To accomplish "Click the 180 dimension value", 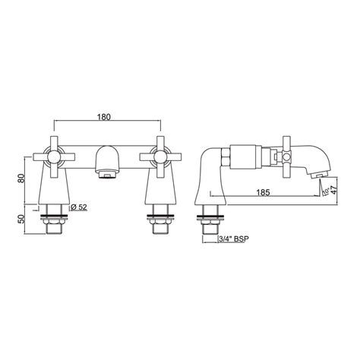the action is tap(104, 117).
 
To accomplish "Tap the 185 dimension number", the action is tap(264, 192).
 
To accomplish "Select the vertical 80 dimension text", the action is tap(21, 178).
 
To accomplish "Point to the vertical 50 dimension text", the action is tap(21, 219).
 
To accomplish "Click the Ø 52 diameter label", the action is tap(79, 207).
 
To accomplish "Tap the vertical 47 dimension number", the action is tap(335, 189).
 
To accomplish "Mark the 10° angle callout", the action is tap(326, 191).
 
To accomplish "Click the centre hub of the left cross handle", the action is tap(55, 156).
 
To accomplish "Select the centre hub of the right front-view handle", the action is tap(161, 156).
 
